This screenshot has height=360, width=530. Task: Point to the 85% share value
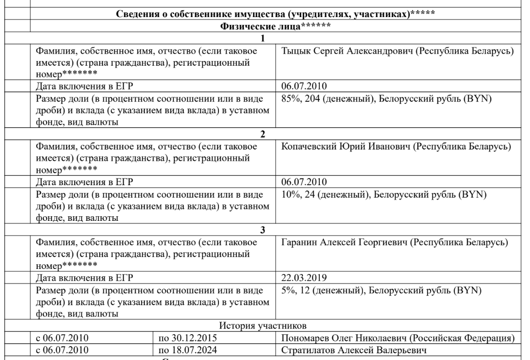pos(289,99)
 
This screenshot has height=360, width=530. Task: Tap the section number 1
pos(263,38)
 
